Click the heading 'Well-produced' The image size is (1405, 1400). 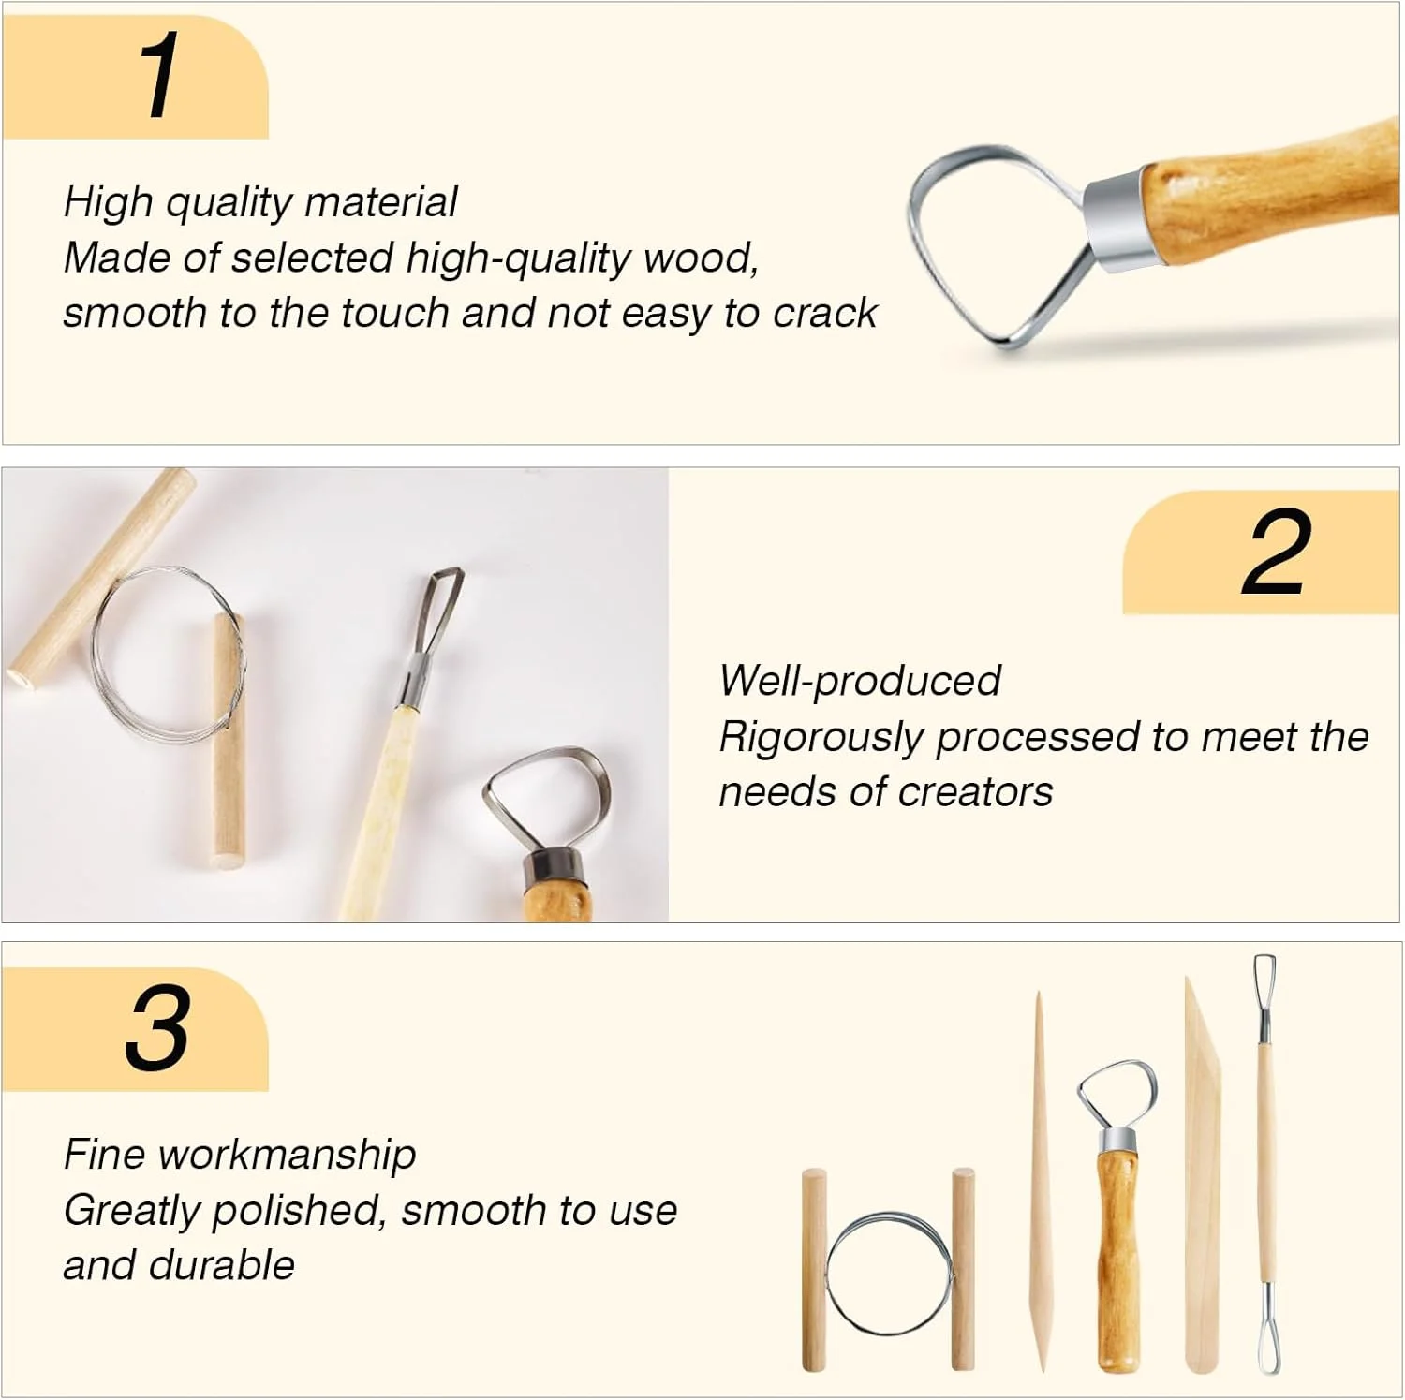[860, 681]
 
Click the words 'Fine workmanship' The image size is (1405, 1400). [240, 1155]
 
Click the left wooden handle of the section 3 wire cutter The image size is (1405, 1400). [814, 1270]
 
